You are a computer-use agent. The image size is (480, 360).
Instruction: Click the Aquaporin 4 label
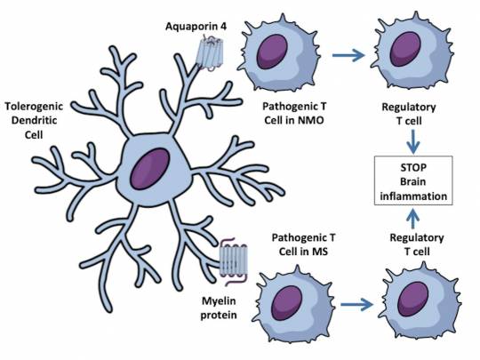pyautogui.click(x=196, y=27)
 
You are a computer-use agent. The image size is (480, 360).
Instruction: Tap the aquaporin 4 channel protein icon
pyautogui.click(x=211, y=52)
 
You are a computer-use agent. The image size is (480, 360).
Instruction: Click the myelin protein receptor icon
pyautogui.click(x=233, y=261)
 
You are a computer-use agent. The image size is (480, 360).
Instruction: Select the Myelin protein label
pyautogui.click(x=219, y=308)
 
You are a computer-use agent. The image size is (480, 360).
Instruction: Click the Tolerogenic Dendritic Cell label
pyautogui.click(x=34, y=121)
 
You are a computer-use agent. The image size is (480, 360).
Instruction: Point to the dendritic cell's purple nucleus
pyautogui.click(x=150, y=169)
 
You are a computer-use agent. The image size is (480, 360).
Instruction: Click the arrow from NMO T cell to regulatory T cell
pyautogui.click(x=348, y=55)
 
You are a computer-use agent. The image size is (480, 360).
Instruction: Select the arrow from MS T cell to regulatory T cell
pyautogui.click(x=357, y=305)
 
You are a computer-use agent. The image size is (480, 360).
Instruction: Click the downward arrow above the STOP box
pyautogui.click(x=413, y=141)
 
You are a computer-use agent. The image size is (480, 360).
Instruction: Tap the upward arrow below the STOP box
pyautogui.click(x=413, y=219)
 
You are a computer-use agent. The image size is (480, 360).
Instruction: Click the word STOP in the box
pyautogui.click(x=413, y=168)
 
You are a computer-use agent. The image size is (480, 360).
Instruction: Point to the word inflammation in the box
pyautogui.click(x=413, y=196)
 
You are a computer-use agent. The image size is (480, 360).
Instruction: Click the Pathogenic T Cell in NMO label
pyautogui.click(x=294, y=113)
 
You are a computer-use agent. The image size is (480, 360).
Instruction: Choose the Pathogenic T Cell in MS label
pyautogui.click(x=303, y=244)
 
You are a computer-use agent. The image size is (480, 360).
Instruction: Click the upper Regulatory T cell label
pyautogui.click(x=409, y=114)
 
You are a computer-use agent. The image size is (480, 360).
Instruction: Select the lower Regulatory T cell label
pyautogui.click(x=417, y=244)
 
